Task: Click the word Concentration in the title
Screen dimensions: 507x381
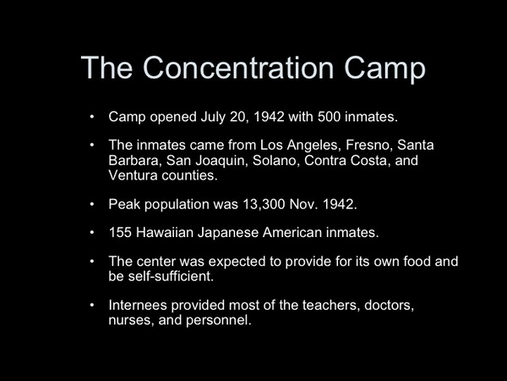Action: coord(238,67)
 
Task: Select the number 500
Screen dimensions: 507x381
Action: coord(329,117)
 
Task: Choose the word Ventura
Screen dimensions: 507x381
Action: coord(133,175)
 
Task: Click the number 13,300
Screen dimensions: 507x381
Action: coord(264,204)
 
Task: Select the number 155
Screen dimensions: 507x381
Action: coord(120,232)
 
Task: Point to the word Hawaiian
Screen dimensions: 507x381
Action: coord(165,232)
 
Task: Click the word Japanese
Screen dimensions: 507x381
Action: coord(228,233)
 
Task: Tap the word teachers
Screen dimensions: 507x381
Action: coord(331,305)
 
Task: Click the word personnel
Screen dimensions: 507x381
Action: coord(219,320)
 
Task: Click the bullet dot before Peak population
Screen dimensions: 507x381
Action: coord(92,204)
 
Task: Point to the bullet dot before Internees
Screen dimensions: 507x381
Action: coord(92,305)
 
